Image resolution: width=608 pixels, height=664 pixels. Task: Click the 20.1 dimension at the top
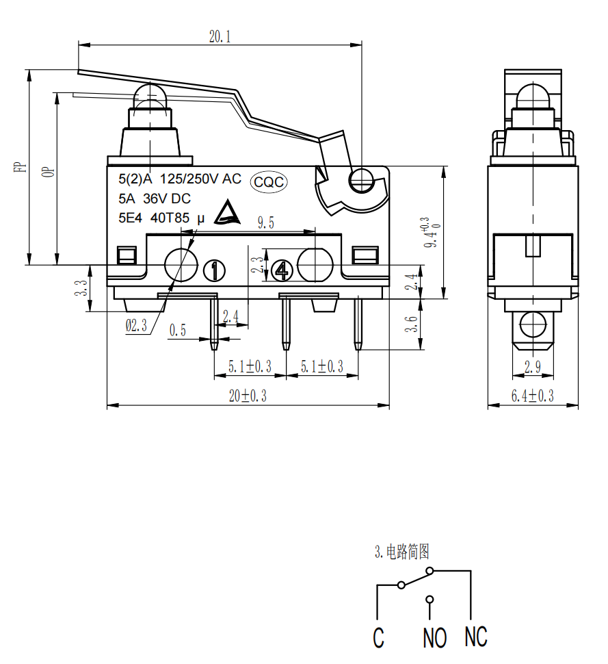pyautogui.click(x=220, y=36)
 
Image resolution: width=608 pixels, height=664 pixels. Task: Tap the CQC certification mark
pyautogui.click(x=269, y=181)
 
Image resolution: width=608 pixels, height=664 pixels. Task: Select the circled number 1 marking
pyautogui.click(x=215, y=271)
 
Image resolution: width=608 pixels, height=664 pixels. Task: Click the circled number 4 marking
pyautogui.click(x=280, y=271)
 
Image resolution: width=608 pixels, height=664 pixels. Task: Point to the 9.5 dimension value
pyautogui.click(x=265, y=222)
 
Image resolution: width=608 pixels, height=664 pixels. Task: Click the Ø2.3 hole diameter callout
pyautogui.click(x=136, y=327)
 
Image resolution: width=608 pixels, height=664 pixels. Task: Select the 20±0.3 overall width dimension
pyautogui.click(x=248, y=396)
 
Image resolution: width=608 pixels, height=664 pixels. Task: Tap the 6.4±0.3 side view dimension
pyautogui.click(x=533, y=396)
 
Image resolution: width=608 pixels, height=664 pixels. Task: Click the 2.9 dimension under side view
pyautogui.click(x=533, y=368)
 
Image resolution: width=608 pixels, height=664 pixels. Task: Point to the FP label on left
pyautogui.click(x=20, y=166)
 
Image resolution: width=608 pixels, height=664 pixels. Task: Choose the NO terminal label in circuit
pyautogui.click(x=434, y=638)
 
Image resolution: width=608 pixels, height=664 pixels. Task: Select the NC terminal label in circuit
pyautogui.click(x=476, y=637)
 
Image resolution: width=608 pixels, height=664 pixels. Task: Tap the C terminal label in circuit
pyautogui.click(x=378, y=638)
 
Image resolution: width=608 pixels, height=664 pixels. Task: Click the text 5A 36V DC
pyautogui.click(x=155, y=199)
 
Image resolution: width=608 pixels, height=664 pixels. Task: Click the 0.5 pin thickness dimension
pyautogui.click(x=178, y=331)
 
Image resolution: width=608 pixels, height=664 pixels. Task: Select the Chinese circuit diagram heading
pyautogui.click(x=402, y=552)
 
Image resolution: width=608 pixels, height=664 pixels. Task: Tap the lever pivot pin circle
pyautogui.click(x=360, y=181)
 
